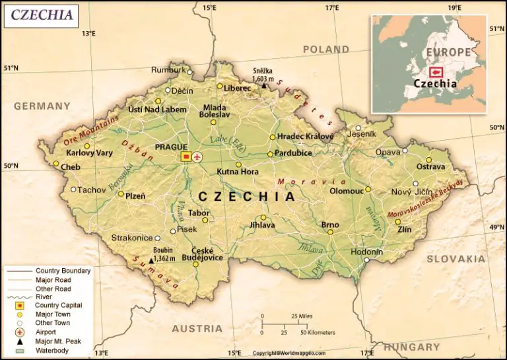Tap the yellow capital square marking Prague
point(186,157)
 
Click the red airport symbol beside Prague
point(197,157)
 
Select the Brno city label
point(330,225)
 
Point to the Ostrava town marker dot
point(428,160)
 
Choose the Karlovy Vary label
point(90,153)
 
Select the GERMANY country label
point(42,106)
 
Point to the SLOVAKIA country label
point(456,259)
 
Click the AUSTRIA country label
point(197,328)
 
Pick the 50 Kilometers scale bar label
point(315,332)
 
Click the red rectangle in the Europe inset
point(436,72)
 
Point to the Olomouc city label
point(347,191)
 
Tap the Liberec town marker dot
point(220,86)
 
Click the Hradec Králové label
point(305,136)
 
